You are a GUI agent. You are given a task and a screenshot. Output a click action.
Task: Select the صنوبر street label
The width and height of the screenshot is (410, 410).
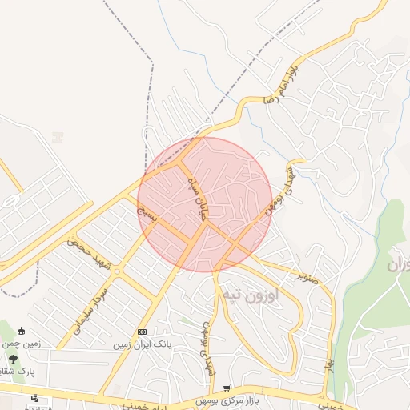click(308, 276)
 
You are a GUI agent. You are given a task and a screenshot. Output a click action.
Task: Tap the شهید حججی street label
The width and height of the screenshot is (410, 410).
click(89, 254)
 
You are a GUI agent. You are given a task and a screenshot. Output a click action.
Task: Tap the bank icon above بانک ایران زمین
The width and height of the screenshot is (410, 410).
click(142, 332)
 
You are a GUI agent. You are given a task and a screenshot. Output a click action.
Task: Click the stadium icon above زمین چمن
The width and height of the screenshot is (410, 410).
click(21, 332)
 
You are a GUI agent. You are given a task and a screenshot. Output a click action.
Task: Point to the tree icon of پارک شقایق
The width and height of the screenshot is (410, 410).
click(12, 358)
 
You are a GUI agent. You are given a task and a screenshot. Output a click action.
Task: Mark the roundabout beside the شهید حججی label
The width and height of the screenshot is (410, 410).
click(117, 271)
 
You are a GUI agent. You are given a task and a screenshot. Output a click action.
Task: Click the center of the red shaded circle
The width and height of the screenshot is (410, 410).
click(205, 204)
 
